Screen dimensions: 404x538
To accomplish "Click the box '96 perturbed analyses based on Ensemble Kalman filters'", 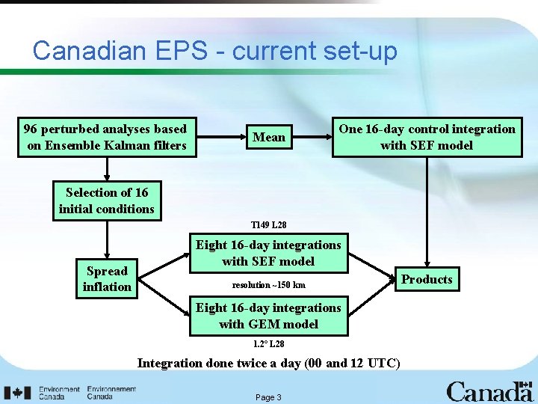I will pos(107,137).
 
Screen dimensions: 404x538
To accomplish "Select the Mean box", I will pos(269,137).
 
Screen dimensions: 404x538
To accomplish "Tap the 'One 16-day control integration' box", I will pos(427,137).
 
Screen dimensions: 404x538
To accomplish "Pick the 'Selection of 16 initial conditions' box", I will pos(107,201).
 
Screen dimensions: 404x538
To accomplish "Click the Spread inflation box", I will pos(107,278).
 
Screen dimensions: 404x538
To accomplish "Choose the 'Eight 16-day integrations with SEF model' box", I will pos(268,253).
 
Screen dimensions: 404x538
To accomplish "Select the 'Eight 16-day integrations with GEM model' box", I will pos(268,316).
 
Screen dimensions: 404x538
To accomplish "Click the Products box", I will pos(427,279).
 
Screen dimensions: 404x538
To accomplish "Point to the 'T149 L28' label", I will pos(268,224).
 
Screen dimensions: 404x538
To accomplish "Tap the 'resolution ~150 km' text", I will pos(268,285).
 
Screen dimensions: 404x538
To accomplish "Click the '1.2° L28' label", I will pos(268,343).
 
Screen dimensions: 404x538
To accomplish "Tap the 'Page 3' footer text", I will pos(268,397).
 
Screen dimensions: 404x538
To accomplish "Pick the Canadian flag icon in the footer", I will pos(17,393).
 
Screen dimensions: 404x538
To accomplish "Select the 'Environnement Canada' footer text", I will pos(111,393).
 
